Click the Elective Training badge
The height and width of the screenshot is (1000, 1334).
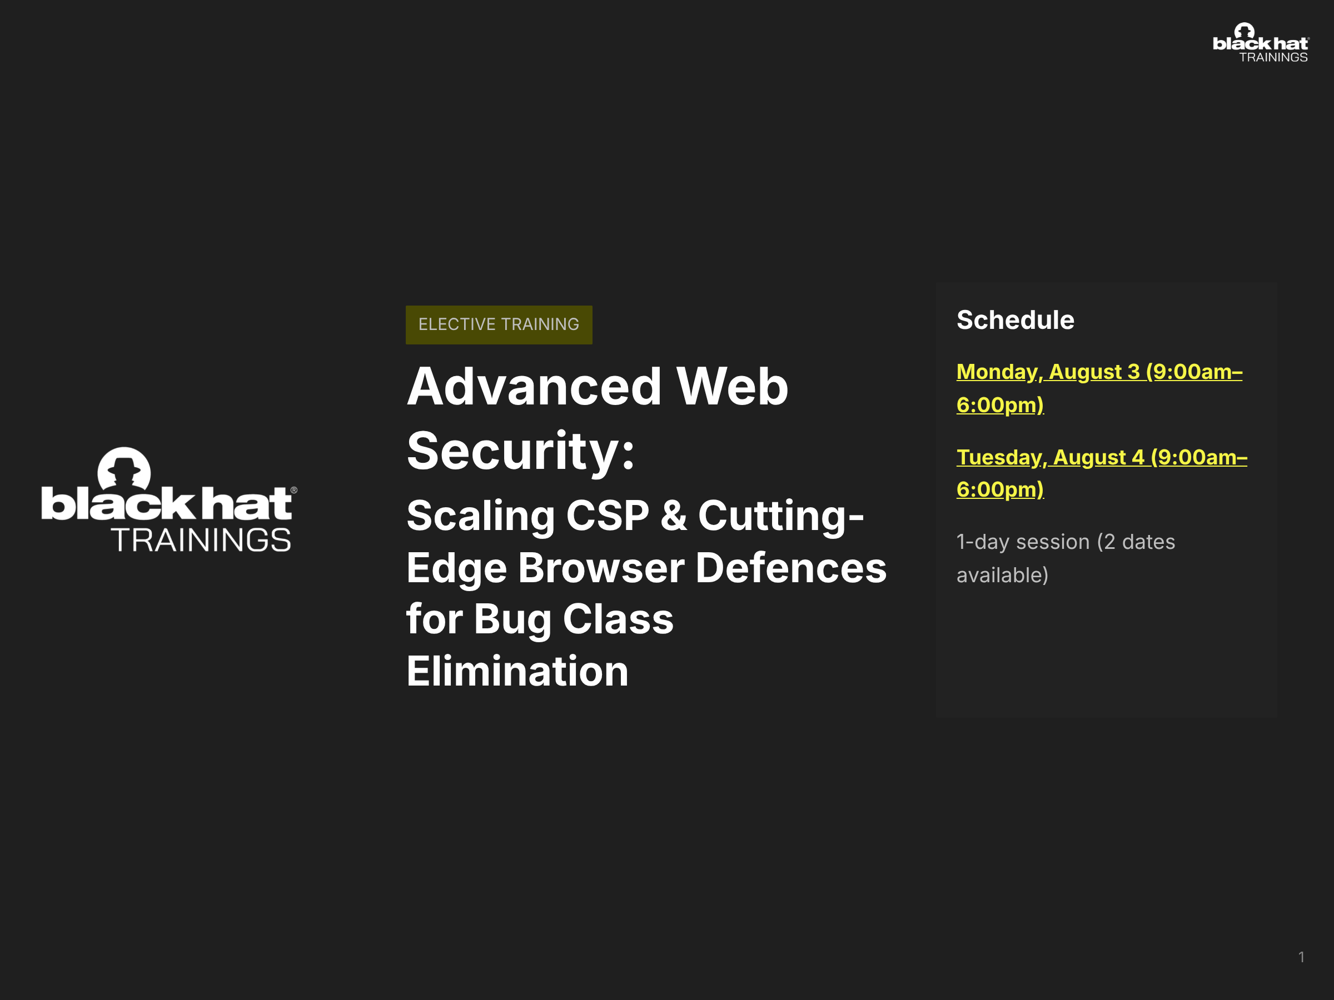[499, 325]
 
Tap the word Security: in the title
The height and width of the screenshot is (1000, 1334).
[521, 452]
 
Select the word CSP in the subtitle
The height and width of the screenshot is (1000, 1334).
[608, 516]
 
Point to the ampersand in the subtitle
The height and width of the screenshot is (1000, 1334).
[674, 516]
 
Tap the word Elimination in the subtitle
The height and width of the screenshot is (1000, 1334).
[517, 672]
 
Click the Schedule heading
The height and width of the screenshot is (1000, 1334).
[1016, 320]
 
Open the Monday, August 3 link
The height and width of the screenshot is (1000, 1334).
[1099, 388]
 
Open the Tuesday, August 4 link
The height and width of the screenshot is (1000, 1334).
[1102, 473]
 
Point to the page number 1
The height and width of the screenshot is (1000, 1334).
[1301, 957]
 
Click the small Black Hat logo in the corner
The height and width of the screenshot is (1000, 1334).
[1261, 43]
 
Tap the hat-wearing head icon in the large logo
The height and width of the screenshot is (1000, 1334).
[125, 468]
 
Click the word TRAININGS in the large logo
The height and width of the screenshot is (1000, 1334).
[201, 540]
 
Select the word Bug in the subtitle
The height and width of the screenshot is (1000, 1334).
[512, 620]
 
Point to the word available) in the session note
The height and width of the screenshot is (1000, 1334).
[1002, 576]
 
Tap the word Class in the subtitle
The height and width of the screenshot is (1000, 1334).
[618, 619]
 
